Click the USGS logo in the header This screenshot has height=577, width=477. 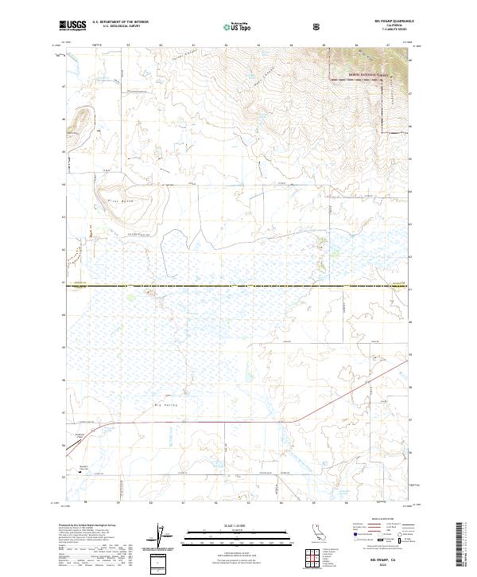(x=73, y=25)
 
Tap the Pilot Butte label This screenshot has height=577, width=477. (x=114, y=202)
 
